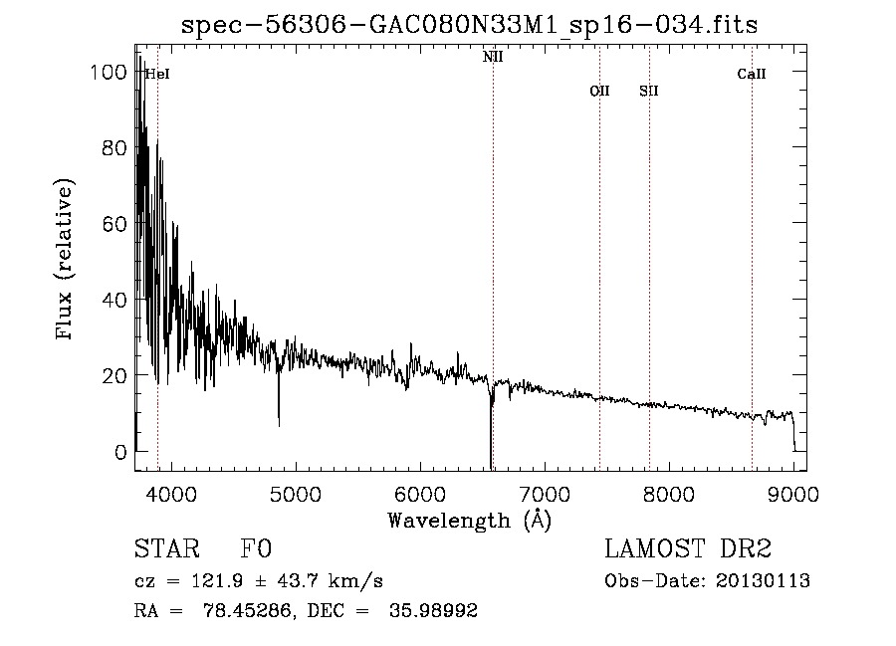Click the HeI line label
[156, 74]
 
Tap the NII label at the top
[493, 58]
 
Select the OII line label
[599, 91]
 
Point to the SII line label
[649, 91]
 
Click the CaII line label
[752, 74]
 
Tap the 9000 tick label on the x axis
[793, 493]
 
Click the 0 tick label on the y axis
[120, 452]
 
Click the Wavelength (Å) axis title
[469, 520]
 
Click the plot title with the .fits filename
[469, 25]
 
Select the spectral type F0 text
[256, 549]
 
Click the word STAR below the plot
[165, 549]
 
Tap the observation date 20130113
[763, 580]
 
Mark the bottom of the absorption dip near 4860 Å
[279, 425]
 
